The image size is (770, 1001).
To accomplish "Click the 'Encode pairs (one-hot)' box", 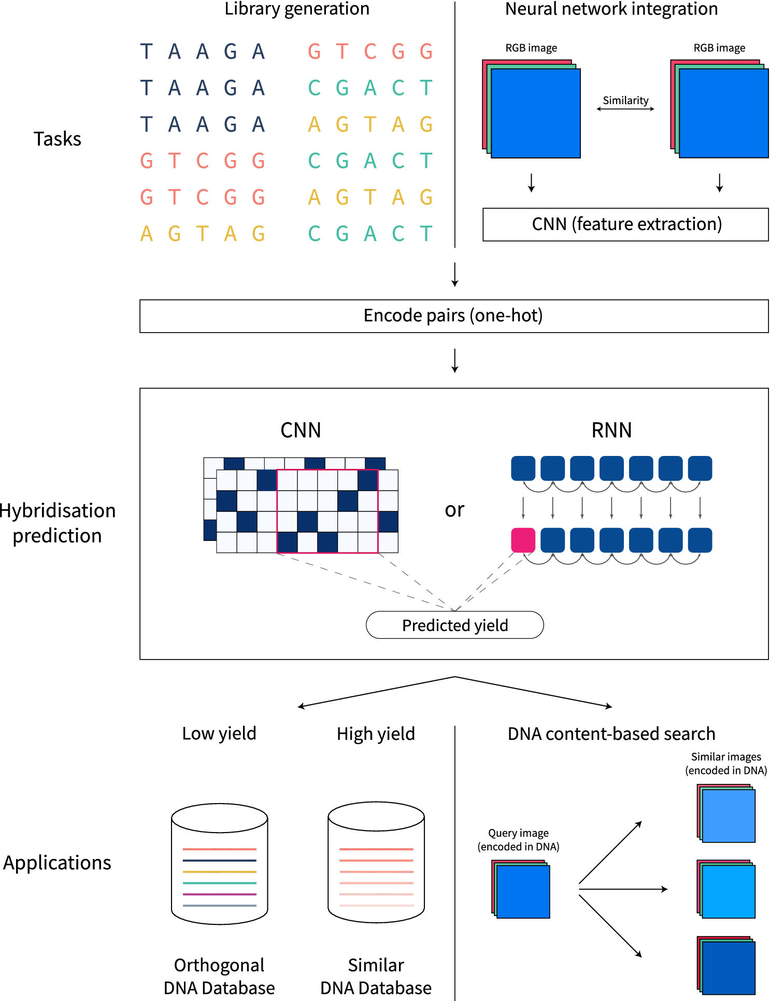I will [453, 316].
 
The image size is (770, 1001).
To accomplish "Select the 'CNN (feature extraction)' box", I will [625, 224].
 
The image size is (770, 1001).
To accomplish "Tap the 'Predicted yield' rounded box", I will [454, 625].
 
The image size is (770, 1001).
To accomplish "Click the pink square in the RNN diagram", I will [523, 540].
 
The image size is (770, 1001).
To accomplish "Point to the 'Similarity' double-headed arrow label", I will [625, 101].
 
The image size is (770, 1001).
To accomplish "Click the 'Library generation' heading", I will [297, 9].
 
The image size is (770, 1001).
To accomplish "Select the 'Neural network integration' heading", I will [611, 9].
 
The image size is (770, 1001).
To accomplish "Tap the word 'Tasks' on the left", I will [57, 139].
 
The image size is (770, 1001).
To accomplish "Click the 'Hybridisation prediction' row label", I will [57, 523].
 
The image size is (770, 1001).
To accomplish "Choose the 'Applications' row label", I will [57, 863].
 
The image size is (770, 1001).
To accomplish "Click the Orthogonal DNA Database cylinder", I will [219, 864].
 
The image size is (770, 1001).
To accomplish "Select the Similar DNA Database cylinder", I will [376, 862].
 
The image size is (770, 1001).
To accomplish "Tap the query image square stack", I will [521, 890].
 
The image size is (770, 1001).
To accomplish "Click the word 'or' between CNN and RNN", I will [454, 510].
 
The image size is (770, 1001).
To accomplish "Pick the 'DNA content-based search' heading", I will [611, 734].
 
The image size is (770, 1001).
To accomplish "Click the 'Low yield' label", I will [219, 734].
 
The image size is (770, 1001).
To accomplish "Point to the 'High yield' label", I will [376, 734].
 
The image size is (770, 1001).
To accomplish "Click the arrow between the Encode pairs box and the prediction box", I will [454, 361].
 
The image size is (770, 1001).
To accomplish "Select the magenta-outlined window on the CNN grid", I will [327, 511].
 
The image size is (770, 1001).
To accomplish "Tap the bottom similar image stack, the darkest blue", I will [726, 965].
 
